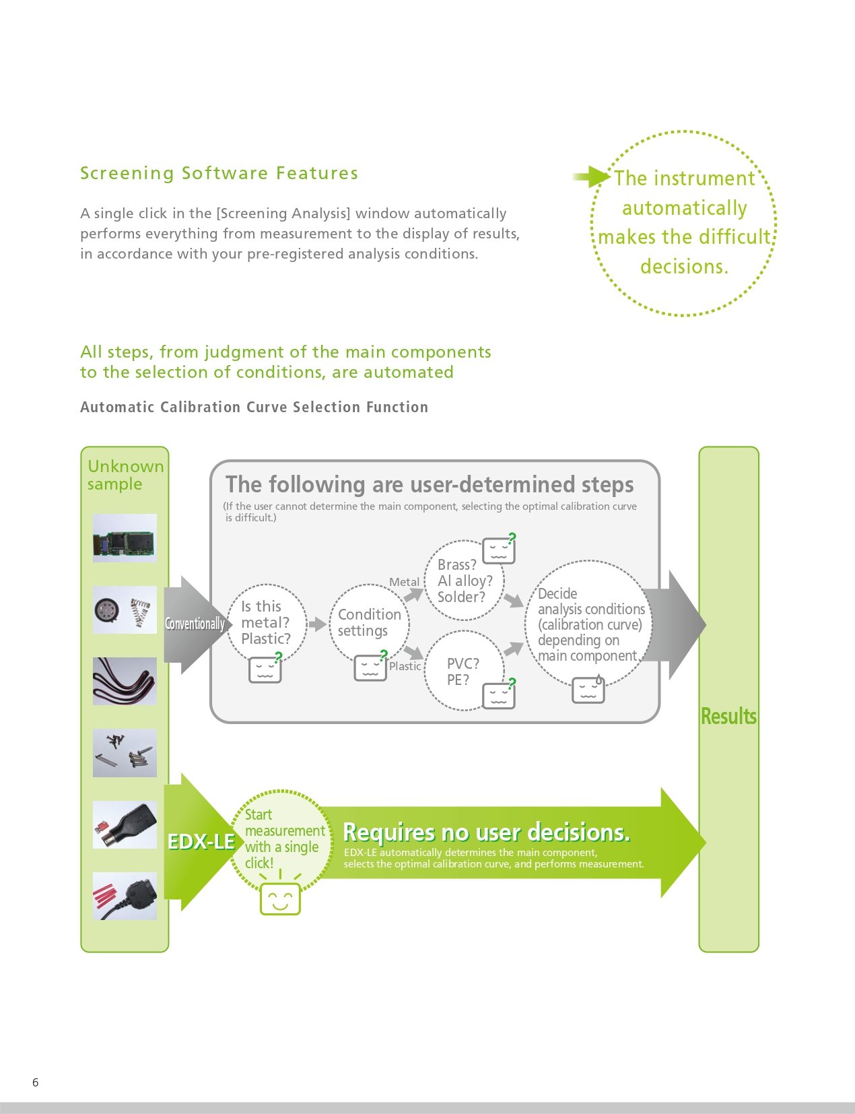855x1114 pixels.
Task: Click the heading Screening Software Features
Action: pyautogui.click(x=219, y=173)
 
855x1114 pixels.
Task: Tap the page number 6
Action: pyautogui.click(x=36, y=1082)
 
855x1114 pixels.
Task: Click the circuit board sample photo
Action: pyautogui.click(x=125, y=537)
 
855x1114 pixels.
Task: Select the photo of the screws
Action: pyautogui.click(x=125, y=752)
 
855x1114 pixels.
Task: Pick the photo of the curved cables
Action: pyautogui.click(x=125, y=681)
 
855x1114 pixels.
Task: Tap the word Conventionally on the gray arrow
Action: pyautogui.click(x=195, y=624)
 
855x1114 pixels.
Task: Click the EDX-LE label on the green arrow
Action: pyautogui.click(x=201, y=842)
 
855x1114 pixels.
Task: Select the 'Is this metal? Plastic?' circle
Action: pyautogui.click(x=267, y=623)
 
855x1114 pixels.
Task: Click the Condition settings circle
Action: pyautogui.click(x=370, y=623)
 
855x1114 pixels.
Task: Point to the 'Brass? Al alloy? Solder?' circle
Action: pyautogui.click(x=464, y=581)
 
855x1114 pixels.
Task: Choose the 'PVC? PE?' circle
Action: pyautogui.click(x=464, y=671)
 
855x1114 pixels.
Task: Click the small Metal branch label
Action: pyautogui.click(x=404, y=582)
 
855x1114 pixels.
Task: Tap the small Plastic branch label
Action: pyautogui.click(x=405, y=666)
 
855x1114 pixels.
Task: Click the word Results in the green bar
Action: pyautogui.click(x=728, y=716)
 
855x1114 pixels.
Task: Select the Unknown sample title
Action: pyautogui.click(x=125, y=475)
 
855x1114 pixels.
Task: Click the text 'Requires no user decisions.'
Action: pyautogui.click(x=486, y=832)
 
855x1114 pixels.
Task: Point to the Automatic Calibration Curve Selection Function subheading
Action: pyautogui.click(x=254, y=407)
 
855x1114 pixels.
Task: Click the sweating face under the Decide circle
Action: pyautogui.click(x=588, y=690)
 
